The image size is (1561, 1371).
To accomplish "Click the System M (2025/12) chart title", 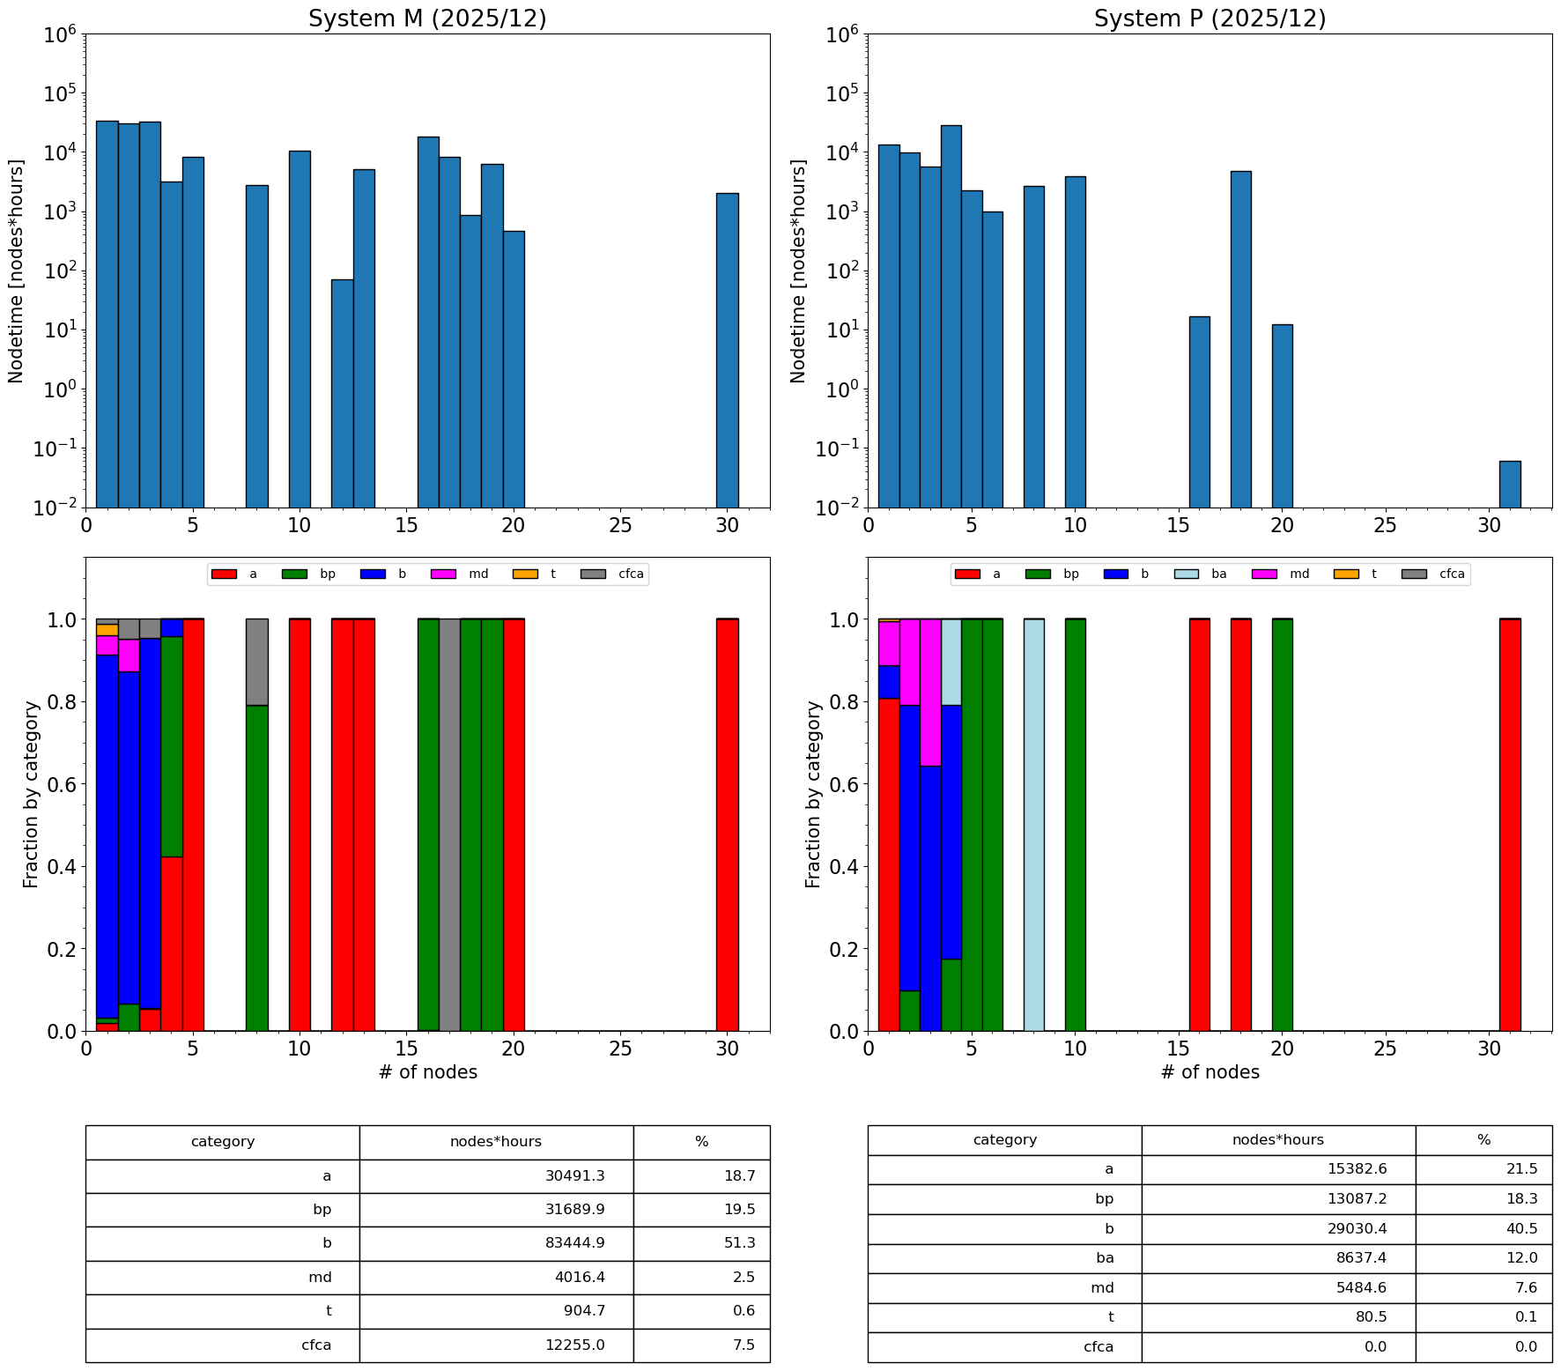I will [427, 19].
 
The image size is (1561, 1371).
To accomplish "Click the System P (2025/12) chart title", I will [1210, 19].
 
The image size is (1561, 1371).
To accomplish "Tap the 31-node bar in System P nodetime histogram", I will [1510, 484].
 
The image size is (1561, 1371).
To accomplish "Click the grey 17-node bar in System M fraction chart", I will [449, 825].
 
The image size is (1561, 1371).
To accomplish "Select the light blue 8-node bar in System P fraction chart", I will [1033, 825].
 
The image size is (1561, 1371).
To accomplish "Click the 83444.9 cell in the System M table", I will [496, 1243].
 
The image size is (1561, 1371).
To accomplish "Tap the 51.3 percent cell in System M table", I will [701, 1243].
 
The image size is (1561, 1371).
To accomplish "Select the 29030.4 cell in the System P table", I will [1278, 1229].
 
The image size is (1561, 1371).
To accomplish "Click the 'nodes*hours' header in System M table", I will [496, 1142].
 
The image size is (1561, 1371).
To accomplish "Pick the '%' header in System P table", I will [1483, 1140].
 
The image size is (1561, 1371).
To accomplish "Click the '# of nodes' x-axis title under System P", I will [1210, 1072].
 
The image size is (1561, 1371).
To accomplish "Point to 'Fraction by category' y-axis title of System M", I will [32, 794].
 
